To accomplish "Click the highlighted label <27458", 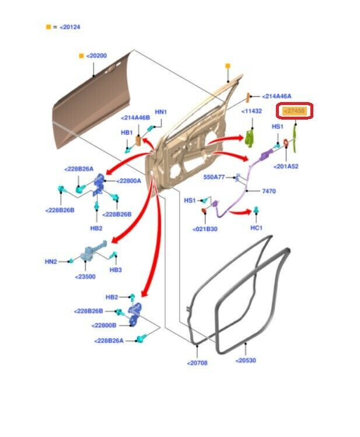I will pos(295,110).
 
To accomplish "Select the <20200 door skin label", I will pos(96,55).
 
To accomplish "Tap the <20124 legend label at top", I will pos(69,27).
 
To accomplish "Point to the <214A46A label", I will pos(277,96).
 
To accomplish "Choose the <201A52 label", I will pos(286,166).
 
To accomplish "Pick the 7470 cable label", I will pos(269,191).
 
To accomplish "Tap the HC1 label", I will pos(257,228).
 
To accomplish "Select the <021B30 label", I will pos(205,229).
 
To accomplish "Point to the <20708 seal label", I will pos(197,363).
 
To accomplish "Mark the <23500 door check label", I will pos(85,277).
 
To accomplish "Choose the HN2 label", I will pos(51,262).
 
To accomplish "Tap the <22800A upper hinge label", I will pos(129,181).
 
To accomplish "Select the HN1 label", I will pos(160,111).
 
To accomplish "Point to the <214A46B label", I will pos(135,118).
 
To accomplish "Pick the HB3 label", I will pos(116,270).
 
